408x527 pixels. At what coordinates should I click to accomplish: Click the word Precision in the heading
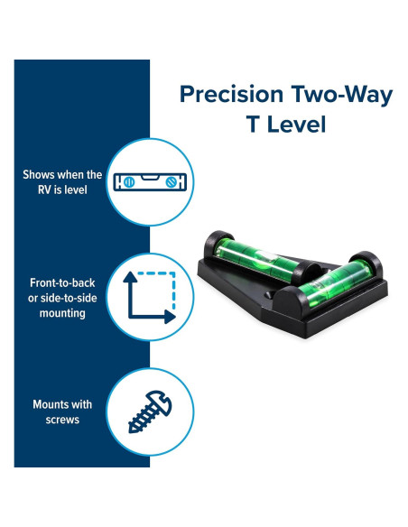pos(232,94)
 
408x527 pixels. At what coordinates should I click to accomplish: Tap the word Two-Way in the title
pos(342,94)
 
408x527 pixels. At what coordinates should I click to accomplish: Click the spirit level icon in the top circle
pos(150,182)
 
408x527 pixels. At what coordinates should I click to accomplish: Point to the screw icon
pos(150,411)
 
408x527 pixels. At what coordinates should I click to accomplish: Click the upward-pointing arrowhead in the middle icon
pos(130,277)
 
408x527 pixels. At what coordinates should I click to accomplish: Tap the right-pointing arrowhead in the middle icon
pos(170,317)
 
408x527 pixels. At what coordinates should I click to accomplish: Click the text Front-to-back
pos(62,283)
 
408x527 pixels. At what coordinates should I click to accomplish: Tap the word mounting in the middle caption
pos(62,313)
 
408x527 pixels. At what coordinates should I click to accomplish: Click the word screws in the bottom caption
pos(62,420)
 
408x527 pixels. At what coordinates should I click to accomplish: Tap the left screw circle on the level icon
pos(129,182)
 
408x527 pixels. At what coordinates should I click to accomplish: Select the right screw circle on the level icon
pos(172,182)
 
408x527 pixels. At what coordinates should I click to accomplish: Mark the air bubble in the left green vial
pos(266,255)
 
